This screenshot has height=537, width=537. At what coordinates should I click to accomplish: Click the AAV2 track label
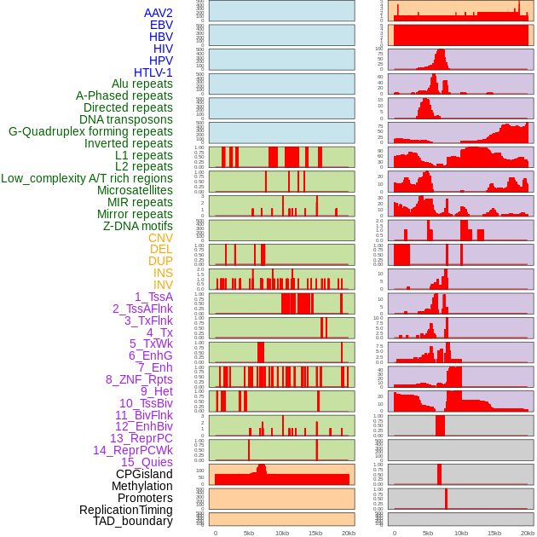[158, 14]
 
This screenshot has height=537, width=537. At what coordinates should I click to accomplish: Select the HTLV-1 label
[153, 72]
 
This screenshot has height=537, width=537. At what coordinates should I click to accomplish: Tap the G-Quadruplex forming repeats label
[90, 131]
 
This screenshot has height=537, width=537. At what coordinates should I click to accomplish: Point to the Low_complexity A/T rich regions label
[87, 178]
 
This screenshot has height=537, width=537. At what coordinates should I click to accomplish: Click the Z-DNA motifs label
[137, 226]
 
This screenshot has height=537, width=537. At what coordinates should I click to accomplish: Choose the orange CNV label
[160, 238]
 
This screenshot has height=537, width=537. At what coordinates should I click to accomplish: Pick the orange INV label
[163, 285]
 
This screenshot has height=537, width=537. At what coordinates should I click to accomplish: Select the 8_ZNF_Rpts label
[139, 379]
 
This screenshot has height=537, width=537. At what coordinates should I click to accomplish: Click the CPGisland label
[144, 474]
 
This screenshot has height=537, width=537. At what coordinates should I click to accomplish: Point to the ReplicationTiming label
[125, 510]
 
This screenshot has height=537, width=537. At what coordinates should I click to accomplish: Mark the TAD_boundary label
[132, 521]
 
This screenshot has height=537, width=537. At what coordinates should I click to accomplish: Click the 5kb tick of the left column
[249, 533]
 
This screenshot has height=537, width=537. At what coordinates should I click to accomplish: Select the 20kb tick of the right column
[528, 533]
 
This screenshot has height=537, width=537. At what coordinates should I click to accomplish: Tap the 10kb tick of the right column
[461, 533]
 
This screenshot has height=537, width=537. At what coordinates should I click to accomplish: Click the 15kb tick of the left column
[315, 533]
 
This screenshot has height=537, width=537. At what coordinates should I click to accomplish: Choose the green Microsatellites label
[135, 190]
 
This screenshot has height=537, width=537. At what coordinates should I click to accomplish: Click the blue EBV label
[161, 26]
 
